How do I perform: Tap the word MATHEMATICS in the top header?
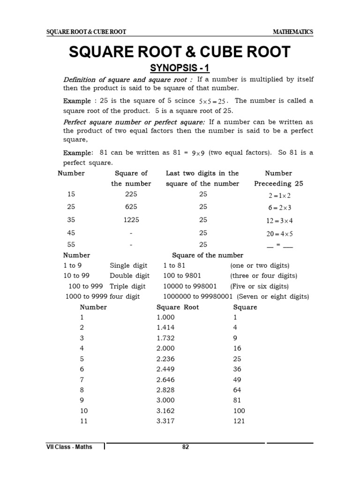(x=293, y=32)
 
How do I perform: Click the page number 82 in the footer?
(x=186, y=447)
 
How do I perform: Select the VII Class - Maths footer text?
(x=69, y=447)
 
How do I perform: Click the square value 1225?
(x=131, y=220)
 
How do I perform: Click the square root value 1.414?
(x=166, y=327)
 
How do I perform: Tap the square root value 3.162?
(x=166, y=411)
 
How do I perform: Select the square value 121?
(x=239, y=421)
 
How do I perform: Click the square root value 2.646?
(x=166, y=379)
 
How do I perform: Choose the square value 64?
(x=237, y=390)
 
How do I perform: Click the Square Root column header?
(x=178, y=307)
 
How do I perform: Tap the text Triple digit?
(x=127, y=286)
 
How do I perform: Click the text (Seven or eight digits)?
(x=273, y=296)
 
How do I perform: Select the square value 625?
(x=131, y=207)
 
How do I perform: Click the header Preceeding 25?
(x=278, y=184)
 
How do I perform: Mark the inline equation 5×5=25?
(x=213, y=101)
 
